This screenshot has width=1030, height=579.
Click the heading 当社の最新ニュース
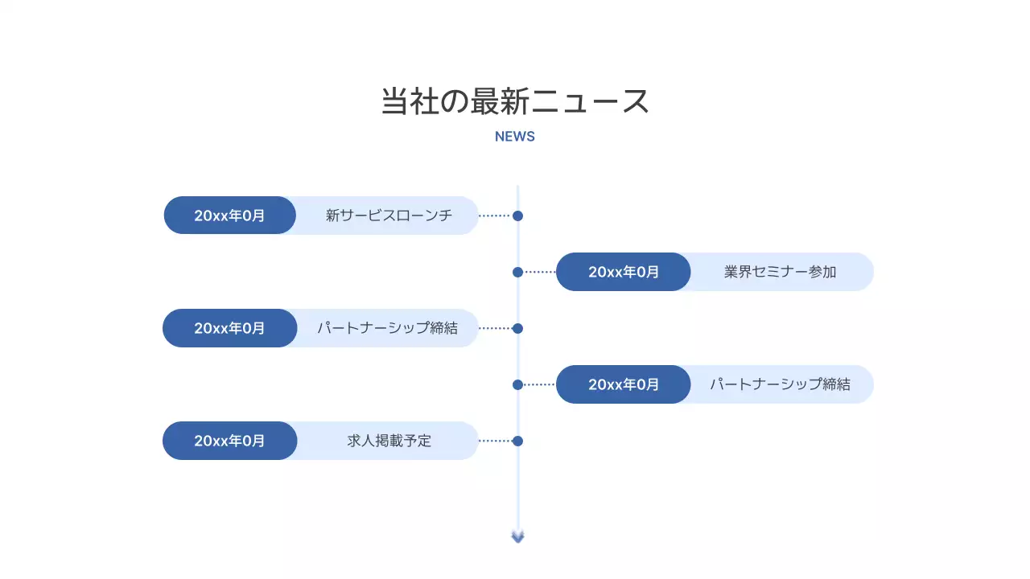(515, 102)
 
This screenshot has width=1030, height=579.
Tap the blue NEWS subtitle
(515, 137)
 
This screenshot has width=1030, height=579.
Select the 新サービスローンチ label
(389, 216)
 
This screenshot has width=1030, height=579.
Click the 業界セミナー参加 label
(780, 272)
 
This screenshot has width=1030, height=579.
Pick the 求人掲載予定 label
(389, 441)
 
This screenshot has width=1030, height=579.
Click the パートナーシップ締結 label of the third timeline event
(387, 328)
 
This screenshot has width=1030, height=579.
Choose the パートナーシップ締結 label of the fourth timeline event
(780, 384)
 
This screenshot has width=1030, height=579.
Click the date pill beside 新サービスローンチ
(229, 216)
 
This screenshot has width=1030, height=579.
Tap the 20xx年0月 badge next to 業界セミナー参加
(624, 272)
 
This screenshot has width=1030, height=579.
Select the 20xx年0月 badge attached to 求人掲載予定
(229, 441)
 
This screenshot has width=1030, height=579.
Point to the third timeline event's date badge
(229, 328)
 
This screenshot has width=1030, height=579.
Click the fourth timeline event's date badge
(624, 384)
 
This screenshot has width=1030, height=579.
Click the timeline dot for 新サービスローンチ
(517, 216)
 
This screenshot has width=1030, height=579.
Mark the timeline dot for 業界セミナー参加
(517, 272)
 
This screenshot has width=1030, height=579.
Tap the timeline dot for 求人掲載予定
(517, 441)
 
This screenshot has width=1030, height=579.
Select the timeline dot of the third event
(517, 328)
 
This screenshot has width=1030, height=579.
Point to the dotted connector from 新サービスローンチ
(494, 216)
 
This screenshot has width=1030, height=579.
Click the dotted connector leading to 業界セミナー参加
(540, 272)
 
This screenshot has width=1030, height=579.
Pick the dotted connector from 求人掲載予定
(494, 441)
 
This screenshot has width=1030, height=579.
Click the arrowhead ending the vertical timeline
(517, 536)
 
